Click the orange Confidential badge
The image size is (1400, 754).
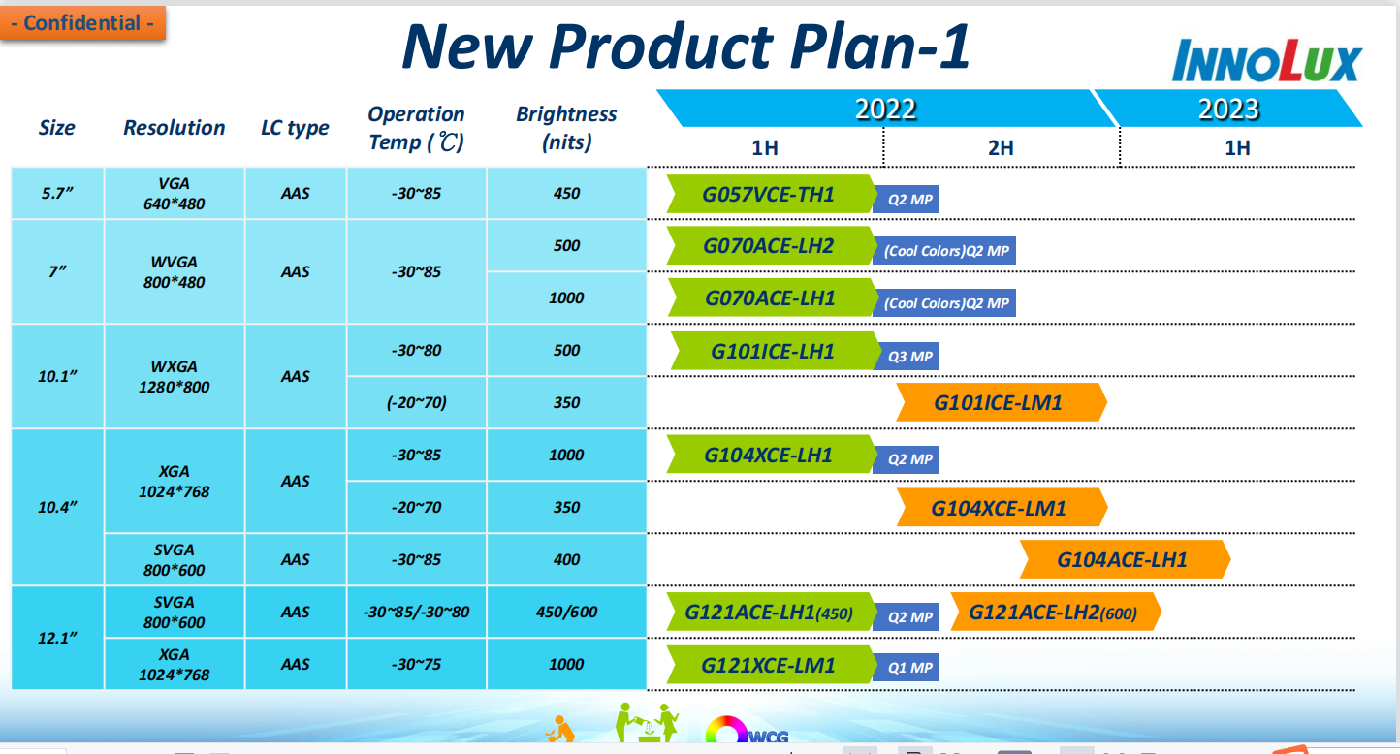click(82, 23)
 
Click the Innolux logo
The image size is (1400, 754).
click(1267, 61)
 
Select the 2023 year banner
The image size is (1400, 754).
click(1228, 109)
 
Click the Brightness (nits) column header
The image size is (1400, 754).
click(566, 127)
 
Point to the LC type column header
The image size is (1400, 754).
click(295, 127)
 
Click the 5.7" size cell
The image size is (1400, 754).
click(57, 194)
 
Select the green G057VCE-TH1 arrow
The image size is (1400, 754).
click(771, 194)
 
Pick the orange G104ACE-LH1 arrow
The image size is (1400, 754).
click(1125, 559)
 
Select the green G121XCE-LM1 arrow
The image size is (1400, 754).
click(771, 665)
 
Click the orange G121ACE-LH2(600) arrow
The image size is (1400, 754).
click(1056, 612)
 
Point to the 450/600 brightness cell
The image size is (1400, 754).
click(566, 612)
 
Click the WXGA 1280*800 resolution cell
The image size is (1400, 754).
click(175, 377)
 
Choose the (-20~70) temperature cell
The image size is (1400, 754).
click(416, 402)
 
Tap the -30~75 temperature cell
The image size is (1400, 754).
click(416, 664)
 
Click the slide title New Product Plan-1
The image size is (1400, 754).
click(686, 47)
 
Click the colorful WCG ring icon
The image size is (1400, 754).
click(726, 730)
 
